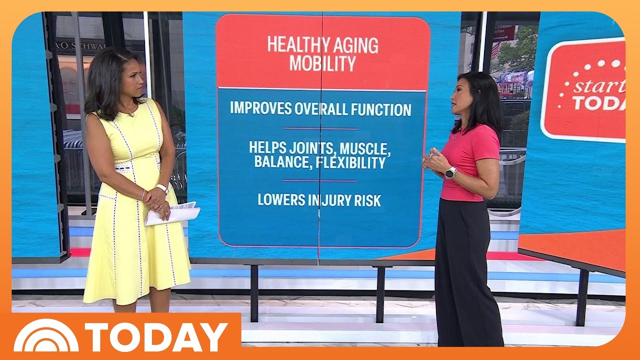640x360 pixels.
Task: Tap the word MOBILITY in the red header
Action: [322, 63]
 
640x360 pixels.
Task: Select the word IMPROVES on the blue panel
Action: [261, 108]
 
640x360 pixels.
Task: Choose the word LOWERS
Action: [281, 199]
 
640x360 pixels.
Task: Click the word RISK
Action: [367, 200]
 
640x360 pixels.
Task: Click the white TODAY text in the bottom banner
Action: [156, 337]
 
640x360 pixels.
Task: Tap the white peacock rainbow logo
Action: [45, 336]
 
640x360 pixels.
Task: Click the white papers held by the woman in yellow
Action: [172, 213]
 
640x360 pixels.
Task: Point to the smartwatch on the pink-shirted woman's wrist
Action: [451, 173]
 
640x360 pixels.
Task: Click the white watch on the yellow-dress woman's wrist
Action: [162, 189]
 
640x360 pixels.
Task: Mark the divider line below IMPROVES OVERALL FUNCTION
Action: [320, 129]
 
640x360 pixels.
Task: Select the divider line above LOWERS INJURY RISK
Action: [319, 181]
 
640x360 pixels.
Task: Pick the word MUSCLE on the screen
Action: [365, 148]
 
